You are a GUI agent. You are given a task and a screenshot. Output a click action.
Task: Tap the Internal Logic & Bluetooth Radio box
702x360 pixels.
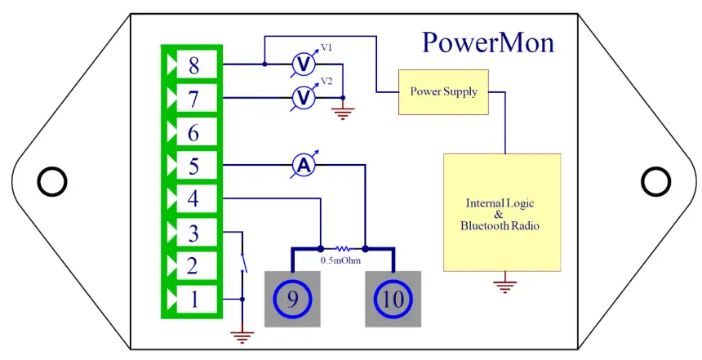501,212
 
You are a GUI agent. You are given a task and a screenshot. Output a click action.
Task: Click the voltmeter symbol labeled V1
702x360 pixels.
304,64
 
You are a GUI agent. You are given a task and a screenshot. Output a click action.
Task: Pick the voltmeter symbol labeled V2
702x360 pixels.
304,98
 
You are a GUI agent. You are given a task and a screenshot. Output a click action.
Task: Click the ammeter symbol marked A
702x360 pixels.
304,166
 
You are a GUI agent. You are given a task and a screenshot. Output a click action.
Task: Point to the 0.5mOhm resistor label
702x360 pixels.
341,260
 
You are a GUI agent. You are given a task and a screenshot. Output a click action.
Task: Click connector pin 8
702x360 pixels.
193,64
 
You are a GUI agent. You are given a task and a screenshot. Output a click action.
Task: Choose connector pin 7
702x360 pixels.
193,99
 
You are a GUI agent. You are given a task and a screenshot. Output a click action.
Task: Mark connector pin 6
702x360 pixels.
193,132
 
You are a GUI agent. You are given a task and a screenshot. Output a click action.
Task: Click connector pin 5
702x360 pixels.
193,166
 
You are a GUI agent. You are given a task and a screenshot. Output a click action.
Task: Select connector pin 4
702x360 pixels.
193,198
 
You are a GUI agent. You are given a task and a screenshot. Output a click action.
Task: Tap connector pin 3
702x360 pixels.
193,233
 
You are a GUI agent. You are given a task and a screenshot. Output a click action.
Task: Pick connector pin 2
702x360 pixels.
193,266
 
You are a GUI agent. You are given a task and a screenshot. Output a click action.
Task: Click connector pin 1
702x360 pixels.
193,300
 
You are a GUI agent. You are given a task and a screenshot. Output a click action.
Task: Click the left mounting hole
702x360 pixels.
51,181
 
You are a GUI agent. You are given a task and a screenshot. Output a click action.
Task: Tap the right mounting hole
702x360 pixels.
654,181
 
